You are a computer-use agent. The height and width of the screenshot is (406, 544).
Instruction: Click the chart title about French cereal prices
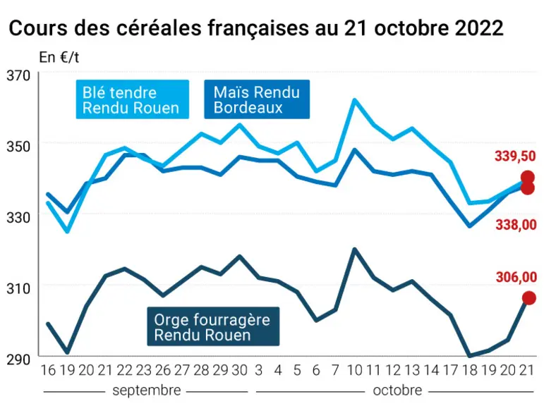click(256, 27)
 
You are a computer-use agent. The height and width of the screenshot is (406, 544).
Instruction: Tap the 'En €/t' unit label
click(59, 57)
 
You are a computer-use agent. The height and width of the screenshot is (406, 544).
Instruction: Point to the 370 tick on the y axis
click(19, 75)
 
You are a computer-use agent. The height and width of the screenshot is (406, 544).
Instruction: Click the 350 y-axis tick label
click(19, 147)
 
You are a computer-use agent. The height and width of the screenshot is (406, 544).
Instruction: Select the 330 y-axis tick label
click(19, 217)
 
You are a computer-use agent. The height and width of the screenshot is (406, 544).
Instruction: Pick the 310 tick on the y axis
click(19, 288)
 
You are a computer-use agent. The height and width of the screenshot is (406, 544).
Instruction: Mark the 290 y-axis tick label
click(19, 359)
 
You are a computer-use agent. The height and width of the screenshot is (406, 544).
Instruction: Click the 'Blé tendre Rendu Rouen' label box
click(133, 99)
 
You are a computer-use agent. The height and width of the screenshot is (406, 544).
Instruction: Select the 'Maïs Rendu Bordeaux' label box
click(257, 99)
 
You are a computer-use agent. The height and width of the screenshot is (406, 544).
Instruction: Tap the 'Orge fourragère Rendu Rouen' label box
click(213, 326)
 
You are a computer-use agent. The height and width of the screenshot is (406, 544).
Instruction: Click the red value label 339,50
click(515, 156)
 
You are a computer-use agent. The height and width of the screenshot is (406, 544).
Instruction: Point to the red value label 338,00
click(516, 225)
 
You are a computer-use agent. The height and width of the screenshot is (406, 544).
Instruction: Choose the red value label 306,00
click(516, 278)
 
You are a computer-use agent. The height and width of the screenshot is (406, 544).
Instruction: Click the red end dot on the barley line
click(529, 298)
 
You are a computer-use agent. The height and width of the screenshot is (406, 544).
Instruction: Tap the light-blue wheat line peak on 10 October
click(355, 100)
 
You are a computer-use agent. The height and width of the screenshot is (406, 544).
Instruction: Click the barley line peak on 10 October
click(355, 249)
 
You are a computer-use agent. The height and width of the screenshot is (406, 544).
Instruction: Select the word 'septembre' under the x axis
click(147, 390)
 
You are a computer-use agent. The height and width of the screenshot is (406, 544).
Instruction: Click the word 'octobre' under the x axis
click(397, 390)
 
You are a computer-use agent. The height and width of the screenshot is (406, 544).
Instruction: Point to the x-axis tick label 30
click(239, 370)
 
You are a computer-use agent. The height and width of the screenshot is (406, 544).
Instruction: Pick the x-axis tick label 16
click(48, 370)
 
